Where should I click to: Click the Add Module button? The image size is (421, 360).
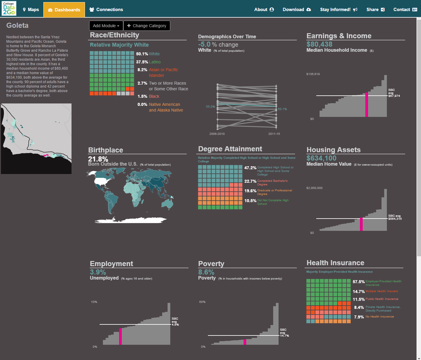pos(106,26)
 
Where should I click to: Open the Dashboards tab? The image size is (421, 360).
pos(64,10)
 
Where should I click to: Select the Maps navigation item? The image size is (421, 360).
pos(31,10)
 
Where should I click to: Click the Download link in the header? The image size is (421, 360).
pos(297,10)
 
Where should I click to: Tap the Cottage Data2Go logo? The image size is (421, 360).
pos(9,8)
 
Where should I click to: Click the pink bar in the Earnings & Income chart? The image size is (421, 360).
pos(367,105)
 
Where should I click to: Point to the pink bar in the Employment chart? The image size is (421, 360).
pos(120,336)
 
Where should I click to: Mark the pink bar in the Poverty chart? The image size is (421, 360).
pos(245,342)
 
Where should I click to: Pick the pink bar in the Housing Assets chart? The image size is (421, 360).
pos(361,224)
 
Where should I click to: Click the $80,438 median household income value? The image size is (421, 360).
pos(319,44)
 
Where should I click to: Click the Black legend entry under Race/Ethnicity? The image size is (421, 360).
pos(154,96)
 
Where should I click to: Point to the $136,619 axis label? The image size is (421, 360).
pos(313,74)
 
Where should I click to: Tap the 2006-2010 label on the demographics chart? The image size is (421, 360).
pos(217,134)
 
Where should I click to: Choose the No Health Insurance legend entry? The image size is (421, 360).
pos(379,317)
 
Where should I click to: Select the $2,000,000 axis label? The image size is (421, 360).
pos(314,188)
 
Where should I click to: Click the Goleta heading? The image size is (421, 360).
pos(17,25)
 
